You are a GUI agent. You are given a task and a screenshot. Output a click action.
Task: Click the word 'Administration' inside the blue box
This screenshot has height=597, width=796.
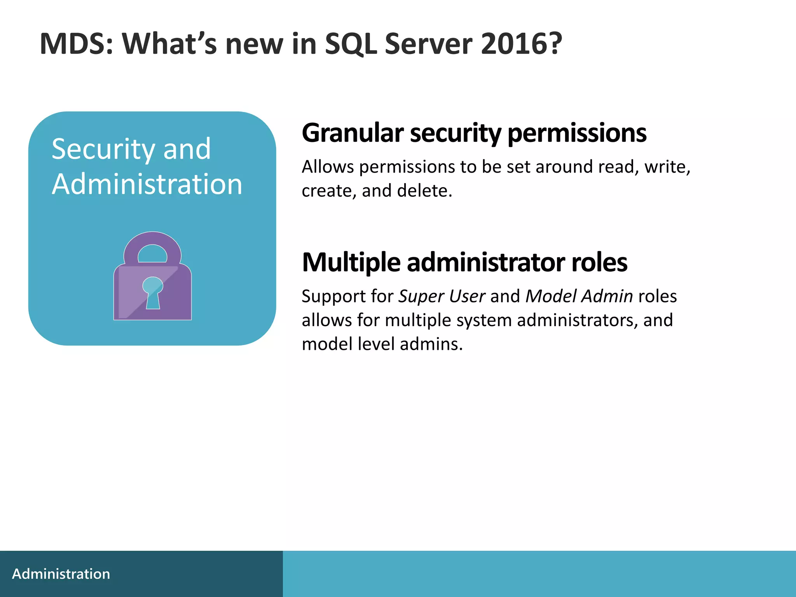pyautogui.click(x=147, y=184)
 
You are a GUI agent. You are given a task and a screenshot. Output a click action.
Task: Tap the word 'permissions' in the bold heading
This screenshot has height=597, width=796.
pyautogui.click(x=577, y=133)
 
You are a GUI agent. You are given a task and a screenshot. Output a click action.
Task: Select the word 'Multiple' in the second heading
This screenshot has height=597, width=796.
pyautogui.click(x=351, y=263)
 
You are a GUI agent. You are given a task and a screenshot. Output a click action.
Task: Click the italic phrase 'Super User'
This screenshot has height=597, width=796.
pyautogui.click(x=442, y=297)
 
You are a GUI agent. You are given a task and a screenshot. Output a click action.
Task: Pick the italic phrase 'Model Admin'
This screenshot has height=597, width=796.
pyautogui.click(x=579, y=297)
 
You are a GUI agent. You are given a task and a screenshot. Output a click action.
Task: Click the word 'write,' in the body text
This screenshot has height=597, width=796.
pyautogui.click(x=667, y=167)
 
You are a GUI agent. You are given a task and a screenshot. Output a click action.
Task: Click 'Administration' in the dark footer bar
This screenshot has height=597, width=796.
pyautogui.click(x=61, y=574)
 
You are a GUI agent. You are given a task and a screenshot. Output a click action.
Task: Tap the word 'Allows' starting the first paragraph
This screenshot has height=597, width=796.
pyautogui.click(x=328, y=167)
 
